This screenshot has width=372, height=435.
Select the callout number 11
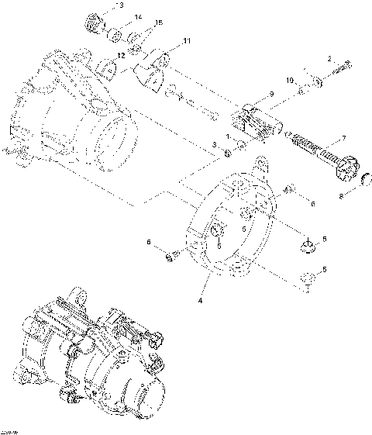pyautogui.click(x=186, y=40)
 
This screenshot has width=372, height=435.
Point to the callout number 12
pyautogui.click(x=121, y=56)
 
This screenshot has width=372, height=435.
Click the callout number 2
pyautogui.click(x=329, y=60)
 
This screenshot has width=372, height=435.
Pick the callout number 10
pyautogui.click(x=289, y=81)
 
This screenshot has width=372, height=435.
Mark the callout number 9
pyautogui.click(x=271, y=94)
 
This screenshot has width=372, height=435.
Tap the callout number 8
pyautogui.click(x=340, y=197)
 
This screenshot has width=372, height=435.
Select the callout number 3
pyautogui.click(x=215, y=145)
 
